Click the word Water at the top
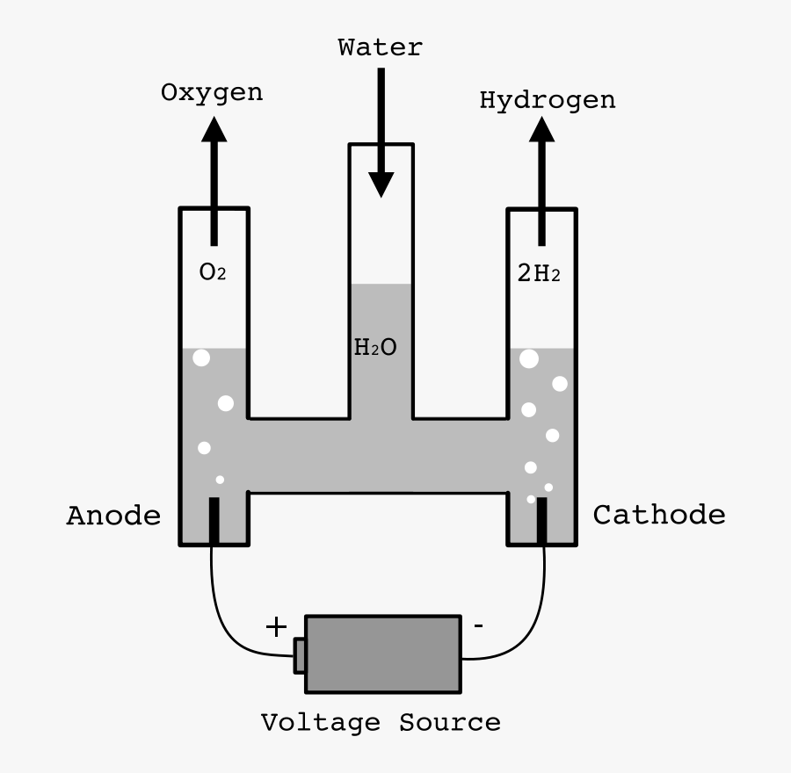(380, 47)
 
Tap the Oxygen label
(212, 93)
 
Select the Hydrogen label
(547, 100)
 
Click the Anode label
(114, 516)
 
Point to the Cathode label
(659, 515)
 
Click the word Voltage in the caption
(322, 723)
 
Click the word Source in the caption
(449, 723)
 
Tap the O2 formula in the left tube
(213, 272)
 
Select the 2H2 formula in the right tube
(538, 274)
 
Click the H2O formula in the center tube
(375, 348)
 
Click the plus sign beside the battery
(276, 626)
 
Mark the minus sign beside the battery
(477, 626)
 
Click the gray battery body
(383, 654)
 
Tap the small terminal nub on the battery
(300, 655)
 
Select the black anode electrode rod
(214, 521)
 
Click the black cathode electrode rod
(542, 521)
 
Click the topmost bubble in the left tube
(201, 358)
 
